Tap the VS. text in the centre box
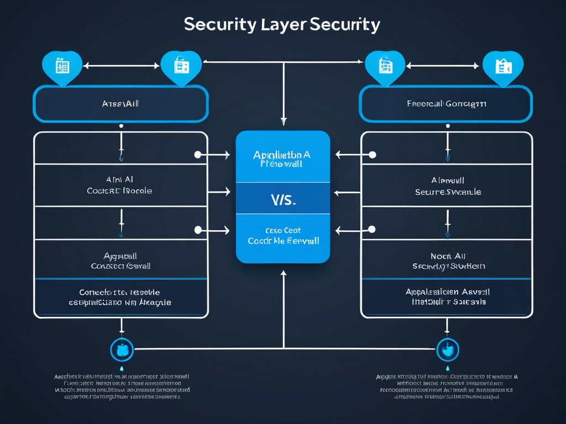[283, 200]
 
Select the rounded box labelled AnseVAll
[120, 104]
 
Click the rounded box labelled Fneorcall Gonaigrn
[446, 104]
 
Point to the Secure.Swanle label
[448, 192]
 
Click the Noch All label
[448, 256]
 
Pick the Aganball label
[120, 256]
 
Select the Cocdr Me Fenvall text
[283, 241]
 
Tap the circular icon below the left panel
[122, 349]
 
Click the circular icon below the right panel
[448, 349]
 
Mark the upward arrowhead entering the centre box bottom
[284, 273]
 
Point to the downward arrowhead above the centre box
[284, 121]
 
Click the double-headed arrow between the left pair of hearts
[121, 66]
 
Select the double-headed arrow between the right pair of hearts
[443, 66]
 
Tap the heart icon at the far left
[62, 67]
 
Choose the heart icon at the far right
[503, 67]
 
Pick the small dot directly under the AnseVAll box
[121, 126]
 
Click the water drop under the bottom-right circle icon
[448, 368]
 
